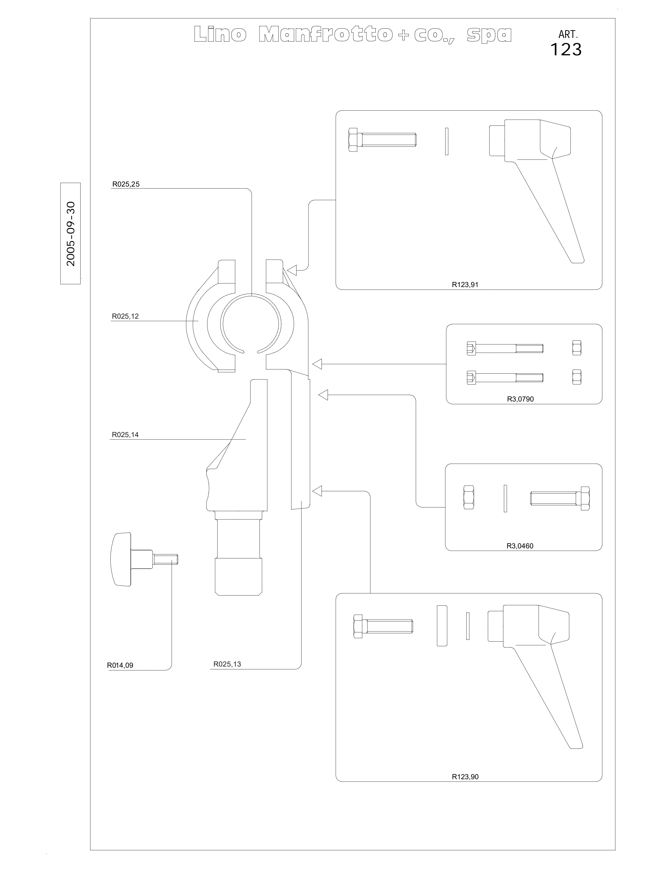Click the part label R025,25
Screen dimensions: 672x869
coord(126,184)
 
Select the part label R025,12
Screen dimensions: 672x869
coord(126,316)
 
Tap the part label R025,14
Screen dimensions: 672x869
coord(125,434)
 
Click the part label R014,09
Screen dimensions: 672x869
coord(120,665)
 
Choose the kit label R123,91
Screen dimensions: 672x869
coord(465,284)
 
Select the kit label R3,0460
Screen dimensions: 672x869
coord(520,546)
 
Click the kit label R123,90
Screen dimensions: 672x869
coord(465,776)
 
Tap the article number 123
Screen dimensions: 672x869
coord(566,49)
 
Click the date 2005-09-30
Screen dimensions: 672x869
coord(71,233)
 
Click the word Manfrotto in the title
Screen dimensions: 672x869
coord(325,35)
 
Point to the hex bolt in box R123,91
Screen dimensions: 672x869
coord(382,140)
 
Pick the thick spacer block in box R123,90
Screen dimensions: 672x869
coord(442,626)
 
